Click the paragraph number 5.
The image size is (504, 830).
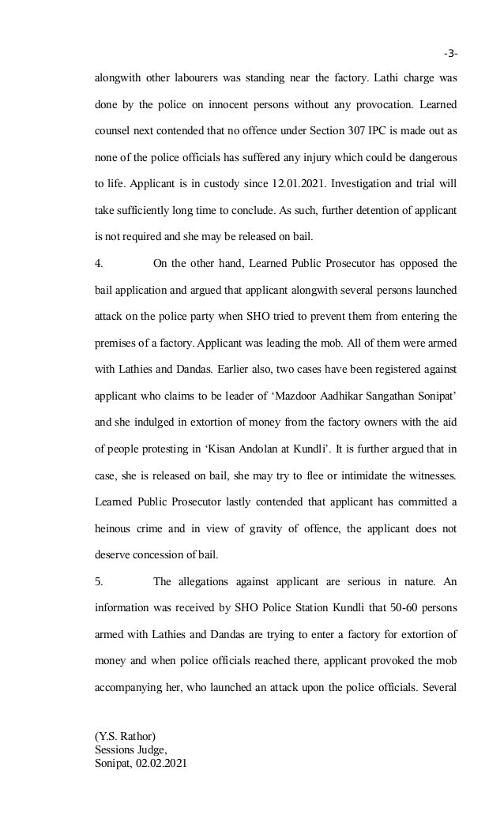(98, 582)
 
